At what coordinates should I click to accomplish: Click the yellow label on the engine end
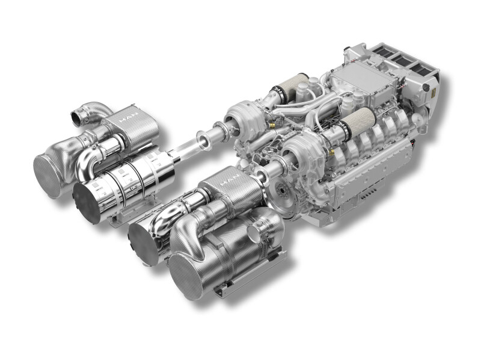(434, 93)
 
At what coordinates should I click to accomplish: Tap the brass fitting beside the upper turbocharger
(271, 125)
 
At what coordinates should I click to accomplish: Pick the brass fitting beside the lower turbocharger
(331, 152)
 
